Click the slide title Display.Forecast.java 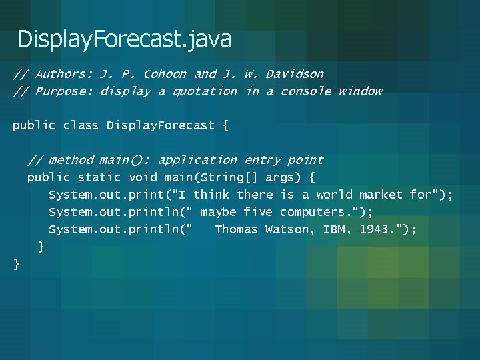coord(125,39)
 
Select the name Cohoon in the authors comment coord(165,74)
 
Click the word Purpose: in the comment coord(63,91)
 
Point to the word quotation coord(205,91)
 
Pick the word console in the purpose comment coord(305,91)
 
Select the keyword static coord(99,177)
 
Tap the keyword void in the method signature coord(143,177)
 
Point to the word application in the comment coord(197,160)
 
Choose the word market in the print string coord(381,195)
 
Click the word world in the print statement coord(334,195)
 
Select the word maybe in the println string coord(218,212)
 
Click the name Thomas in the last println coord(236,229)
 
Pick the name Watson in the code coord(287,229)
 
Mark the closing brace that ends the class coord(17,265)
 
